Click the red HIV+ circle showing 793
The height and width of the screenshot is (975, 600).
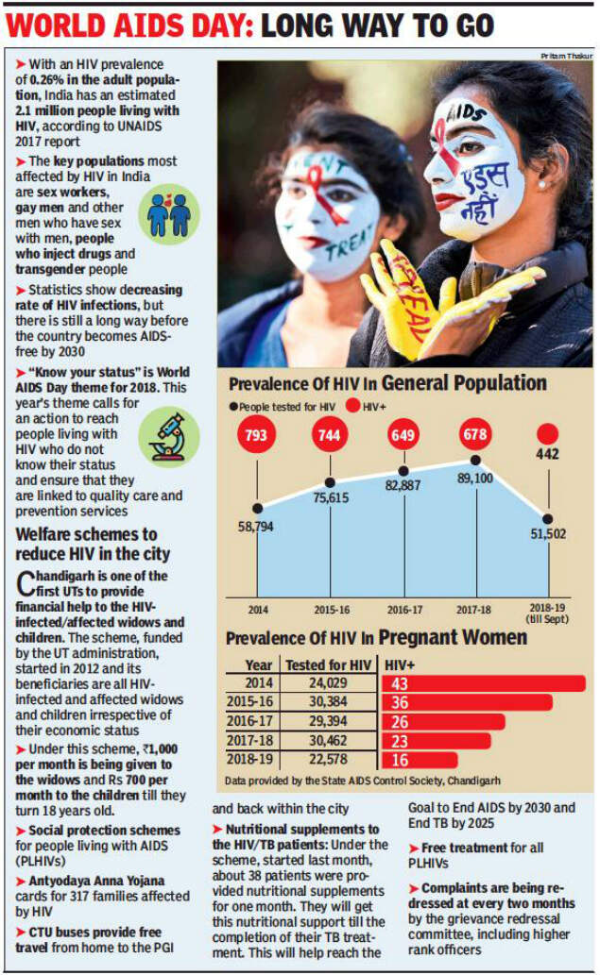(x=254, y=438)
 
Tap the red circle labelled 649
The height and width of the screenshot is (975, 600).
(x=403, y=438)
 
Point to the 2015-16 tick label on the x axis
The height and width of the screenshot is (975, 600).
(x=330, y=609)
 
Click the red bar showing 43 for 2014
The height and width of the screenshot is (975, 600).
(x=483, y=683)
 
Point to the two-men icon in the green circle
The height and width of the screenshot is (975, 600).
(x=169, y=213)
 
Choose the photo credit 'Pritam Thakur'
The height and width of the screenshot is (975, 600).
(x=566, y=57)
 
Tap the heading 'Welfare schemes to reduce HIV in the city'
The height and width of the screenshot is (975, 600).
(x=86, y=545)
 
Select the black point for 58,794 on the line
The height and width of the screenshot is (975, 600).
(x=257, y=507)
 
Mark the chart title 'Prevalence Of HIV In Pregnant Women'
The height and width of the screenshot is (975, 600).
(x=376, y=638)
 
